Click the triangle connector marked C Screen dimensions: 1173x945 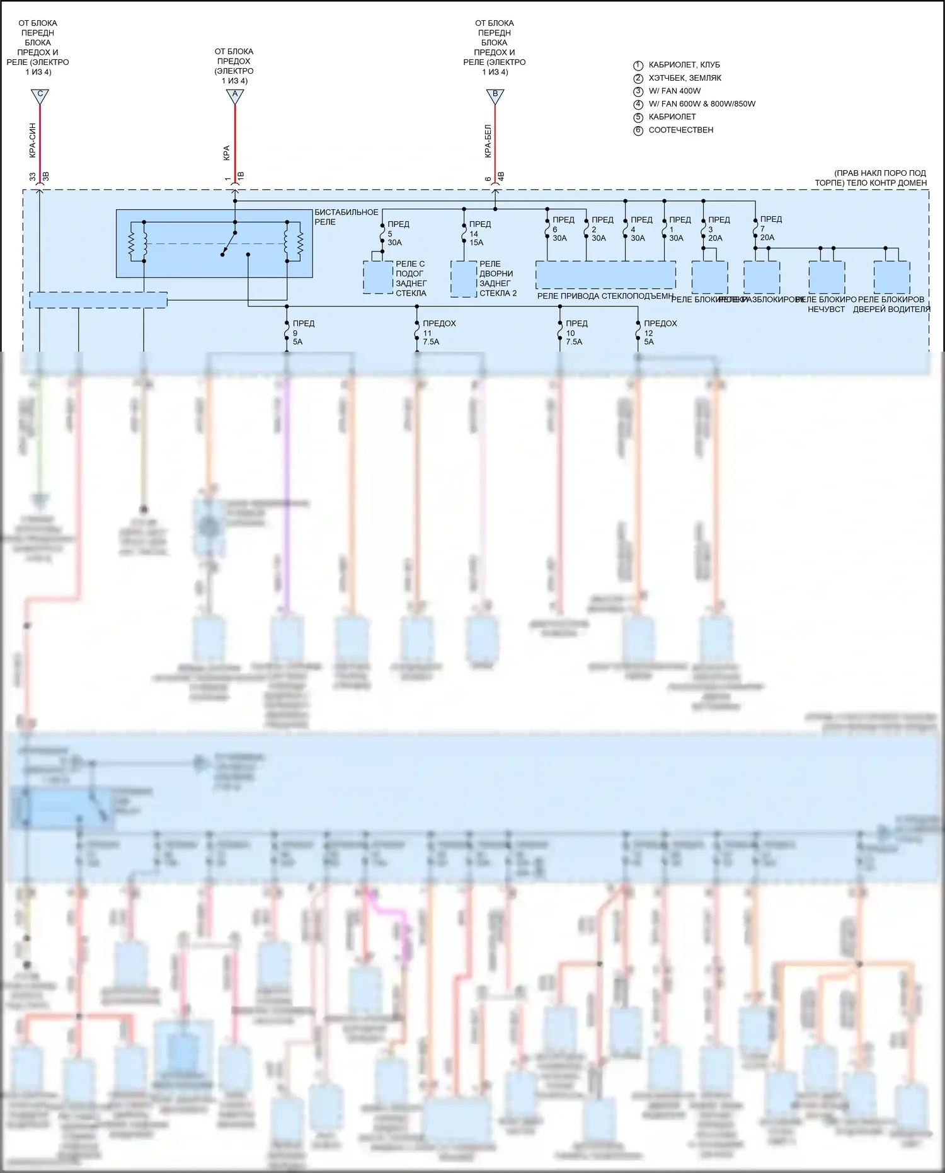click(40, 96)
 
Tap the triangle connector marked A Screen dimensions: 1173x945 click(235, 96)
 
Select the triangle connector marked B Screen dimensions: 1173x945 click(495, 96)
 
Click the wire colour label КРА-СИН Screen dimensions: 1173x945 click(32, 139)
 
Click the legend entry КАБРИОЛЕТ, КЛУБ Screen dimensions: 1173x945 click(684, 65)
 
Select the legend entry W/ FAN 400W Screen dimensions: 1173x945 click(674, 91)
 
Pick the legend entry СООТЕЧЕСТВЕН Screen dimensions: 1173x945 click(681, 130)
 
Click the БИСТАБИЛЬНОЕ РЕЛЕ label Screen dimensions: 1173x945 click(346, 217)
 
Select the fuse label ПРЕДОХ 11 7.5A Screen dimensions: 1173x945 click(439, 333)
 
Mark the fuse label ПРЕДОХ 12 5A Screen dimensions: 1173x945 click(660, 333)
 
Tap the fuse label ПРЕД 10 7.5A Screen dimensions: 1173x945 click(576, 333)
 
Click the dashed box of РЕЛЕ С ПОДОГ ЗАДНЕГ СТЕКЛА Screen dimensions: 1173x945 click(378, 277)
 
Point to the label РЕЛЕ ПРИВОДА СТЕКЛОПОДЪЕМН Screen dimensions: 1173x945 click(605, 296)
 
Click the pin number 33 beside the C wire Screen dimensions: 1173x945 click(32, 177)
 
